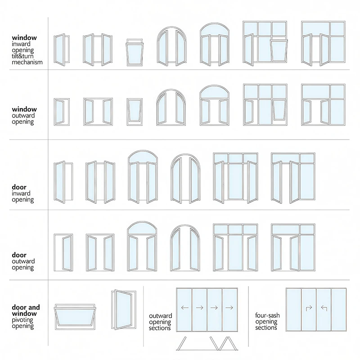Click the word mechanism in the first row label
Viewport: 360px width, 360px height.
(27, 62)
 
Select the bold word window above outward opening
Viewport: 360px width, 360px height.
(24, 109)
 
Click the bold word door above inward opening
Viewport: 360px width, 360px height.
(19, 187)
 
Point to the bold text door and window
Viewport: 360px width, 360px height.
(25, 310)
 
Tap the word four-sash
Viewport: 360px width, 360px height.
(267, 316)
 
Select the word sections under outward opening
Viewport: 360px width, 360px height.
(160, 328)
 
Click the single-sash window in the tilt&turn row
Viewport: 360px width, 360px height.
(62, 50)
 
